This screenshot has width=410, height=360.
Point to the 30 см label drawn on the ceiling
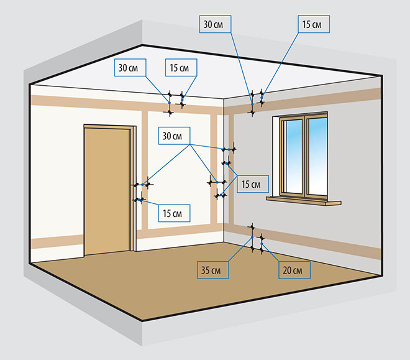pyautogui.click(x=129, y=67)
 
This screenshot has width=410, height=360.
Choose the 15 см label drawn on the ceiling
pyautogui.click(x=182, y=67)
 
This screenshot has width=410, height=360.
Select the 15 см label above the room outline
pyautogui.click(x=312, y=24)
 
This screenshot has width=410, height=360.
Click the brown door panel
pyautogui.click(x=107, y=190)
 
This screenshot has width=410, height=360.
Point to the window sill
pyautogui.click(x=304, y=201)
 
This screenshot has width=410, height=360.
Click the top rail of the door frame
pyautogui.click(x=109, y=126)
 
